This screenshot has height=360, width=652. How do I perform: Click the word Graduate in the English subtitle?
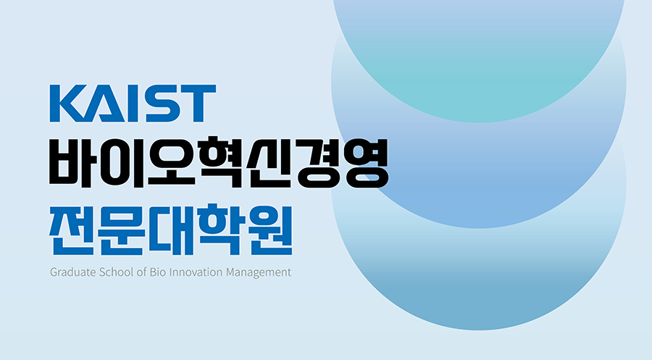(x=72, y=272)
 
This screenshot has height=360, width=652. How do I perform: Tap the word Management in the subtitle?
(x=259, y=273)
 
